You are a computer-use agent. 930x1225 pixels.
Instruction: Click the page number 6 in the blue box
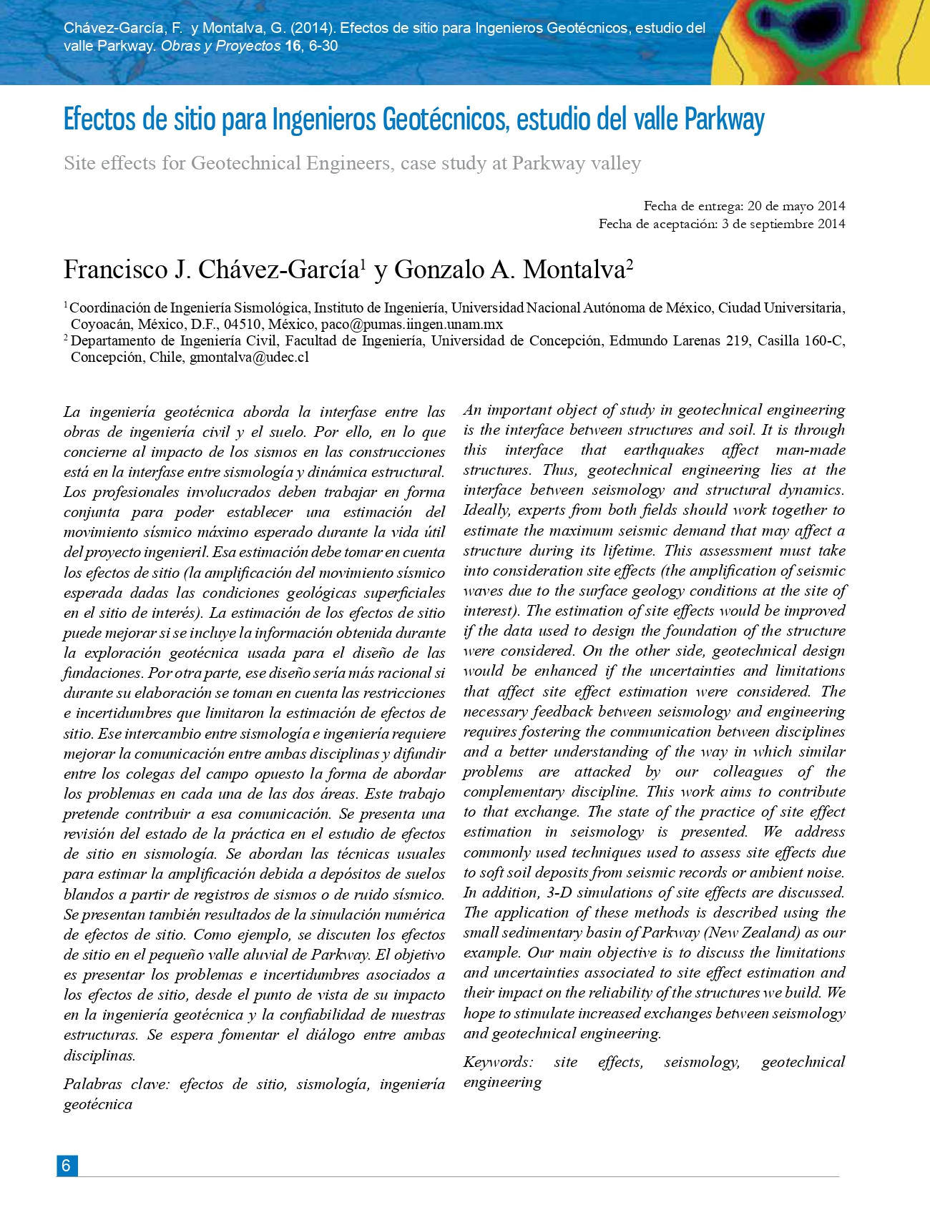[x=67, y=1165]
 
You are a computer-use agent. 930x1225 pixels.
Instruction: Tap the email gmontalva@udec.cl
[x=249, y=357]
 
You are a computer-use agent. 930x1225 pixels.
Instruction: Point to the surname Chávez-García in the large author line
[x=278, y=270]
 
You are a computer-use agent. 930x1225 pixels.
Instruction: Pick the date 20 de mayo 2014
[x=796, y=206]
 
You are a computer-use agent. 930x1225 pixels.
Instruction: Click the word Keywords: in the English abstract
[x=498, y=1062]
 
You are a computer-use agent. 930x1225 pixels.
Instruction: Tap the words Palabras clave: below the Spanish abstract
[x=117, y=1084]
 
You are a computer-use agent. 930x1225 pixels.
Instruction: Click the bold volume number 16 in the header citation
[x=293, y=46]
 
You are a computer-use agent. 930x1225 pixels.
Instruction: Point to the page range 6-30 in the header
[x=323, y=46]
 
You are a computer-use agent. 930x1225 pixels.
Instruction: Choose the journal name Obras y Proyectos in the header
[x=220, y=46]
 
